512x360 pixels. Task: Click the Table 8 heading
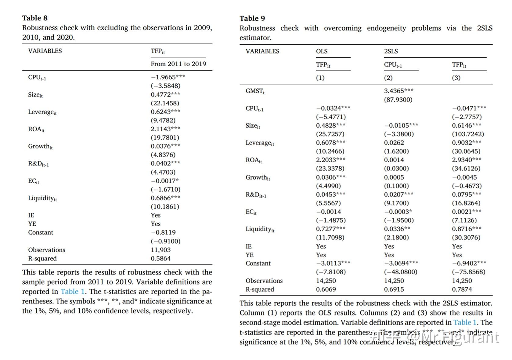(35, 18)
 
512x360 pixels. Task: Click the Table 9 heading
(252, 18)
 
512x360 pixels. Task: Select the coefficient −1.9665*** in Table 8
(168, 77)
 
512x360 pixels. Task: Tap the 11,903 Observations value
(160, 250)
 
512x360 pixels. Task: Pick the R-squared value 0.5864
(160, 258)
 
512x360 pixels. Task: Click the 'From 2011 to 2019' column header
(178, 64)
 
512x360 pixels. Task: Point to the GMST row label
(255, 91)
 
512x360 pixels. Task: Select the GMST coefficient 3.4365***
(398, 91)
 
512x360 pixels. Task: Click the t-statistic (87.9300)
(398, 100)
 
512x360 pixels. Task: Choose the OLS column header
(322, 51)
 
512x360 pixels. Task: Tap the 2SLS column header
(391, 51)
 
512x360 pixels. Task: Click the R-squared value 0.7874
(462, 289)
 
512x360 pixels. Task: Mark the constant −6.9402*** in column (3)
(469, 263)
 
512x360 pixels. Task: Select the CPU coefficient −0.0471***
(469, 108)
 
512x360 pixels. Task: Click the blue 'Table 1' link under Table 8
(73, 292)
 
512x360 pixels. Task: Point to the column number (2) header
(388, 78)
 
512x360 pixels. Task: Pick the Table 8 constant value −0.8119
(163, 232)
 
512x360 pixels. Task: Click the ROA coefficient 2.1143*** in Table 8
(165, 129)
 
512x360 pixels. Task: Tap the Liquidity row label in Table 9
(260, 229)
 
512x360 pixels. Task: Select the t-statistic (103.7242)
(468, 134)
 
